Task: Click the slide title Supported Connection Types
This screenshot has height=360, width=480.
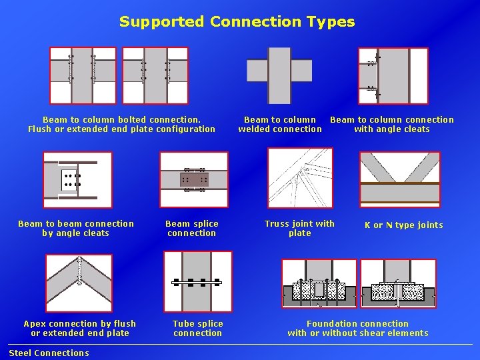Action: coord(237,21)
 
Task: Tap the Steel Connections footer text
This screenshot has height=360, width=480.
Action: coord(49,353)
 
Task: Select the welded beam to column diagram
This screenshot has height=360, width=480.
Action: coord(279,70)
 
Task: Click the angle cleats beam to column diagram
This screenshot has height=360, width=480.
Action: coord(393,75)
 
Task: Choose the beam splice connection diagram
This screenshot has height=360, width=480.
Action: coord(193,179)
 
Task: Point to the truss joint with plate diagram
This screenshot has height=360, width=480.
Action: coord(299,179)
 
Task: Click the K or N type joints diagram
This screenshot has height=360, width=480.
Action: coord(400,179)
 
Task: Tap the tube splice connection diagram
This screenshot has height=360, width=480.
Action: coord(197,281)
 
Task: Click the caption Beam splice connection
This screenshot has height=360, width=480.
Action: coord(192,229)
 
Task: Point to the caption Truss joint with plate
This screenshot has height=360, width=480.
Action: coord(299,229)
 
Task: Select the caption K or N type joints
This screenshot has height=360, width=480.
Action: coord(403,225)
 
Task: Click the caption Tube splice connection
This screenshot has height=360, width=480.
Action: coord(197,328)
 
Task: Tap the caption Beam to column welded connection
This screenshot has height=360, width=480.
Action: coord(280,125)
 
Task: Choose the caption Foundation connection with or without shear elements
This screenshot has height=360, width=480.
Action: coord(358,328)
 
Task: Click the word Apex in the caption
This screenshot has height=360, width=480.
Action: coord(35,324)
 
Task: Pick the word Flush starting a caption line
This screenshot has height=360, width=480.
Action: coord(39,129)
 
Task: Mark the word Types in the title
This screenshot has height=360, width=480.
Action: coord(331,22)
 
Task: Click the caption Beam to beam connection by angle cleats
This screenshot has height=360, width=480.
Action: coord(75,229)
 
